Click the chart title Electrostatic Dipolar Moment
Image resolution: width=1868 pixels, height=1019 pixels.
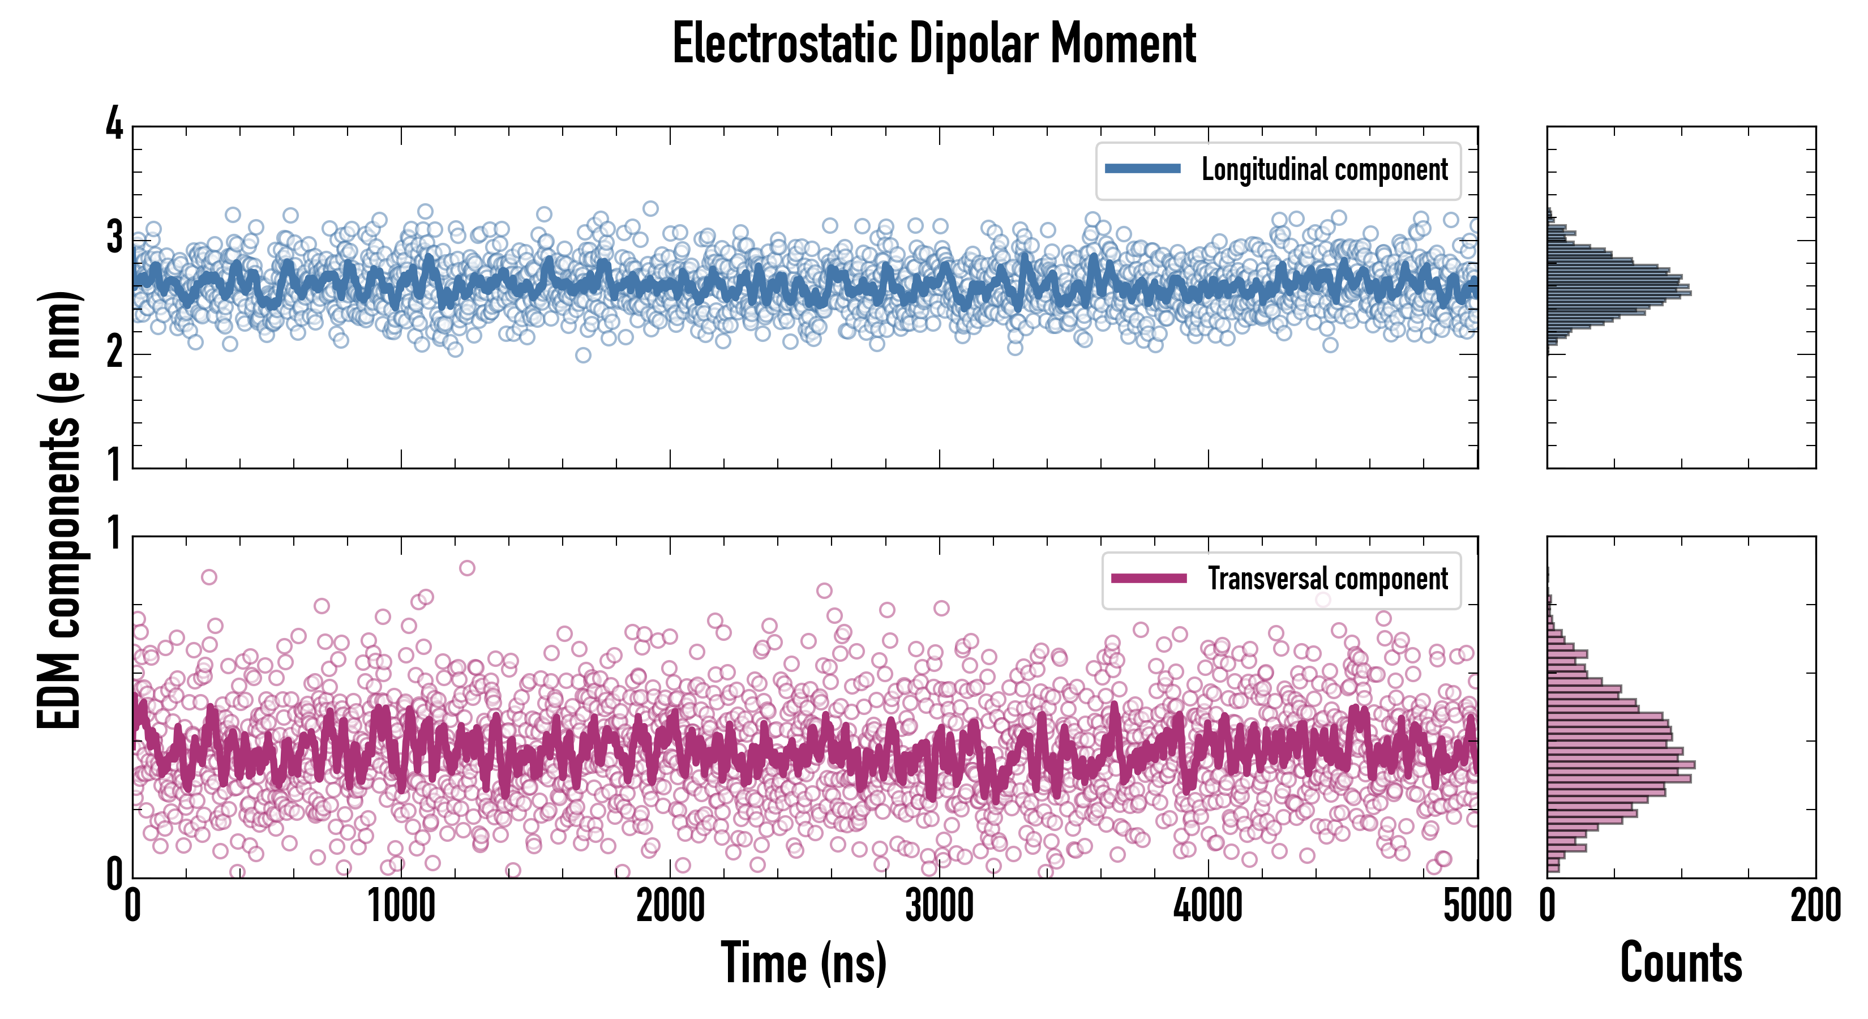pyautogui.click(x=934, y=44)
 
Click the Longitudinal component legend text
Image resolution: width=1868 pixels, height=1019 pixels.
pyautogui.click(x=1324, y=170)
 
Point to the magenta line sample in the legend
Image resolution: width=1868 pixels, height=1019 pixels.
pyautogui.click(x=1149, y=578)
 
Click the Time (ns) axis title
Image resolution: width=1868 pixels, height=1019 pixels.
pyautogui.click(x=803, y=962)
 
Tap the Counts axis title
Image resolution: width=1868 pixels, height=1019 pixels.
pyautogui.click(x=1681, y=962)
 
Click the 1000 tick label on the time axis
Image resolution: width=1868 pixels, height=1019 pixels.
pyautogui.click(x=401, y=906)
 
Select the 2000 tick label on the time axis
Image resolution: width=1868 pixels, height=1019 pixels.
pyautogui.click(x=670, y=906)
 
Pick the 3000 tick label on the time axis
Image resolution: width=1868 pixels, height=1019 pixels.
pyautogui.click(x=939, y=906)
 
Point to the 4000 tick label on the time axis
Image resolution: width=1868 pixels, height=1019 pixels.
pyautogui.click(x=1208, y=906)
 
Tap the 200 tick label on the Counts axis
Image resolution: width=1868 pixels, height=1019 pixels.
pyautogui.click(x=1815, y=906)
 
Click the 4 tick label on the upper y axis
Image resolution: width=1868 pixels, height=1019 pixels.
pyautogui.click(x=114, y=124)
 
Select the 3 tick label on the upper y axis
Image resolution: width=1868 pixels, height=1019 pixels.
pyautogui.click(x=114, y=237)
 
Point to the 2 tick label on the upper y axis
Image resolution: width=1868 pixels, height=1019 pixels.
pyautogui.click(x=114, y=353)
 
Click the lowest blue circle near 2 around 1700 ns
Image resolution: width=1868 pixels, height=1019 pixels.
pyautogui.click(x=583, y=354)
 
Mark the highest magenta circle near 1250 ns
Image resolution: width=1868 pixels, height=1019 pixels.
pyautogui.click(x=467, y=568)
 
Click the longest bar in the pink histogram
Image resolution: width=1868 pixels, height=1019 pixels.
pyautogui.click(x=1621, y=764)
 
